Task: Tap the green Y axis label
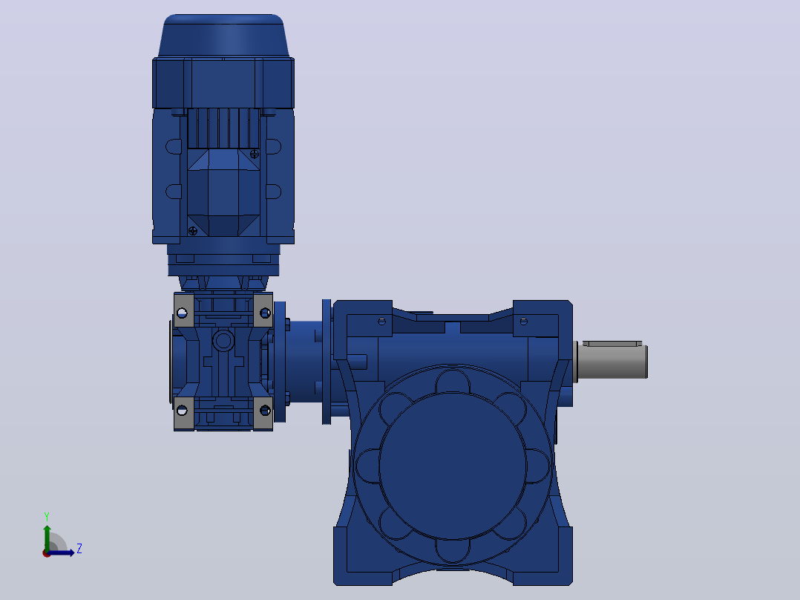pos(47,516)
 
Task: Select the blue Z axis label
pos(79,549)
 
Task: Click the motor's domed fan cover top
pos(223,35)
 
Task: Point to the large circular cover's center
pos(453,466)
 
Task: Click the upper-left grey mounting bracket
pos(184,310)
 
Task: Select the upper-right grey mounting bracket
pos(263,310)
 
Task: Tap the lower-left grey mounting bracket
pos(184,413)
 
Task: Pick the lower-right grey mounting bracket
pos(263,413)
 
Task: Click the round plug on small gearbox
pos(223,339)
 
